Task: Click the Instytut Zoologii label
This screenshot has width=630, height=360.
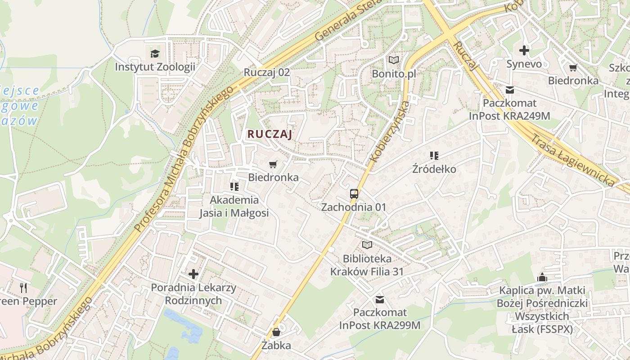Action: click(155, 67)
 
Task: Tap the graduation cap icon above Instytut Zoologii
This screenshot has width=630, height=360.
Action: click(155, 54)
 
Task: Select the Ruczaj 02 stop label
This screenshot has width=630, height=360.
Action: click(266, 72)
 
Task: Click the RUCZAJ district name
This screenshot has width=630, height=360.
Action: click(270, 134)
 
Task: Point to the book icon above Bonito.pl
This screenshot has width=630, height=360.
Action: click(393, 60)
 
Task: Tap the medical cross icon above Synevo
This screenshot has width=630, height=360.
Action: click(524, 50)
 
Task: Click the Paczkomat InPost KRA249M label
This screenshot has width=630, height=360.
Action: click(509, 109)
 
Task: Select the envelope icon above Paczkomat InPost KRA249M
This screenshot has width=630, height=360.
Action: click(509, 90)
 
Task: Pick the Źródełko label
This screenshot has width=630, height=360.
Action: click(434, 169)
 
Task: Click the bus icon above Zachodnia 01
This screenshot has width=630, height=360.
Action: click(354, 194)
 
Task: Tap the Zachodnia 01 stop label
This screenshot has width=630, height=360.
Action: click(354, 207)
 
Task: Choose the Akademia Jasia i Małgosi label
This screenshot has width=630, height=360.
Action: click(234, 206)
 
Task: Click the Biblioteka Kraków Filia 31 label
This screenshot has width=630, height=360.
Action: click(367, 265)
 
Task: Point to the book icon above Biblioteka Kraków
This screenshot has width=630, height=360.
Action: click(367, 245)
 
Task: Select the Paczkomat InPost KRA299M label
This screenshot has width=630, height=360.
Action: click(380, 319)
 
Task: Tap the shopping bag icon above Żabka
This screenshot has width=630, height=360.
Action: click(276, 333)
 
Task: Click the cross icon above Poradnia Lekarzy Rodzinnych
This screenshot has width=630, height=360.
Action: click(193, 274)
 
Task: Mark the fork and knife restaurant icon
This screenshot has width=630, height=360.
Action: click(24, 287)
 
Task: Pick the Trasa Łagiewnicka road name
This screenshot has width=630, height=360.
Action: click(572, 160)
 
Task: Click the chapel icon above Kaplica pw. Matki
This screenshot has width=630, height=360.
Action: click(542, 277)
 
